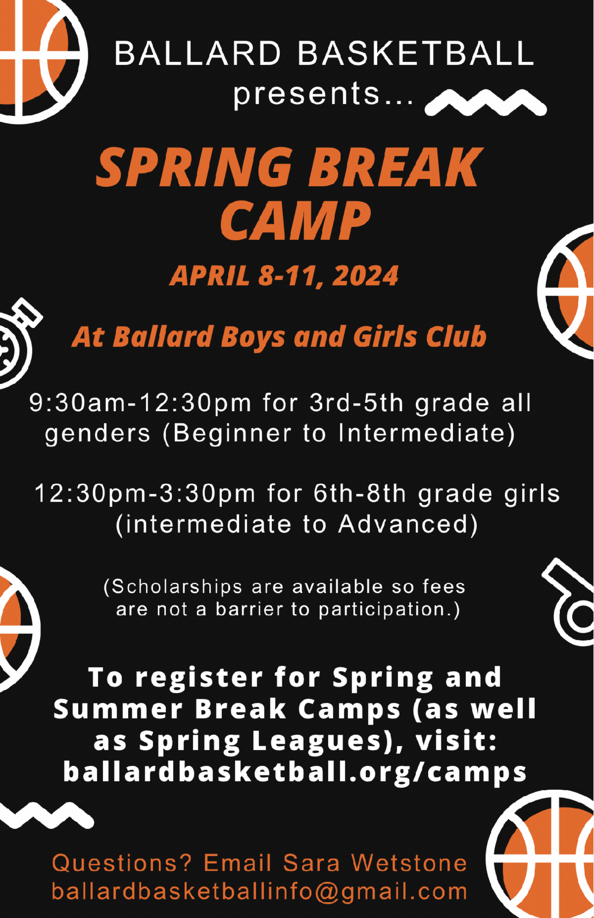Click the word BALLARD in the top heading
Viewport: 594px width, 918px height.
tap(198, 54)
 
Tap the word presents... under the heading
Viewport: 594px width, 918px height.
tap(323, 94)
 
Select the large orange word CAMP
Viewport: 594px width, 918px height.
tap(296, 221)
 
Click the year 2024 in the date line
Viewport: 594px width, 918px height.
tap(365, 275)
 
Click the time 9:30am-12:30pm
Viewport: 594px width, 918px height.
tap(141, 402)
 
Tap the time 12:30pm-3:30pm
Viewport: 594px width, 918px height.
tap(145, 493)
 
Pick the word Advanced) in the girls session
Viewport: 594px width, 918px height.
tap(408, 524)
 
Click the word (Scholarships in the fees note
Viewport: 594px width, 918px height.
tap(173, 587)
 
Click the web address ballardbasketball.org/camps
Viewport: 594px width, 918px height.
tap(295, 772)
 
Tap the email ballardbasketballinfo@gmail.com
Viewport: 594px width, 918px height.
tap(260, 892)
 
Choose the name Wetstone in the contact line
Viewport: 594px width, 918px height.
tap(409, 863)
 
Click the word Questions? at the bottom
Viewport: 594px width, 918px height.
tap(122, 863)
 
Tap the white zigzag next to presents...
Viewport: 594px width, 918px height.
tap(486, 102)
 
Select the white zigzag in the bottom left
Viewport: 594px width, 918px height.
tap(46, 815)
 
